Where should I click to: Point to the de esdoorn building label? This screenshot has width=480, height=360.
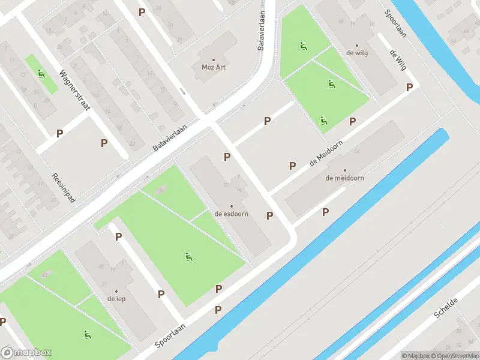point(232,214)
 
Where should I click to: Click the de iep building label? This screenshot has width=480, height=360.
point(116,298)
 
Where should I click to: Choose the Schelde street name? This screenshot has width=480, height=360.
point(447,308)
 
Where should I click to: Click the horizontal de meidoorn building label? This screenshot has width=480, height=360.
point(344,178)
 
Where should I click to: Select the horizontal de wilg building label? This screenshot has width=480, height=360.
point(356,53)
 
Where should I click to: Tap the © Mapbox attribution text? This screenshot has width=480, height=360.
point(415,356)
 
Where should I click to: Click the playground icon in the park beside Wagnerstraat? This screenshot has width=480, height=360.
point(41,74)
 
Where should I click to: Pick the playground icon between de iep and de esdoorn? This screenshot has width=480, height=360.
point(190,257)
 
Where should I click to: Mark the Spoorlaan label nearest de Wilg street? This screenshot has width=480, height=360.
point(395,23)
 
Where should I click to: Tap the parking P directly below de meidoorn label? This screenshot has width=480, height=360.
point(326,212)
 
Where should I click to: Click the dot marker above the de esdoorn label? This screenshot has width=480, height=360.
point(232,206)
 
